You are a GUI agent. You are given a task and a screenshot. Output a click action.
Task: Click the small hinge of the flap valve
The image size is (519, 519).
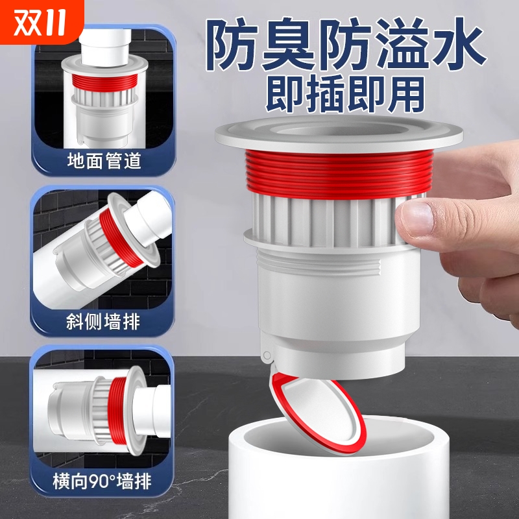265,355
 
